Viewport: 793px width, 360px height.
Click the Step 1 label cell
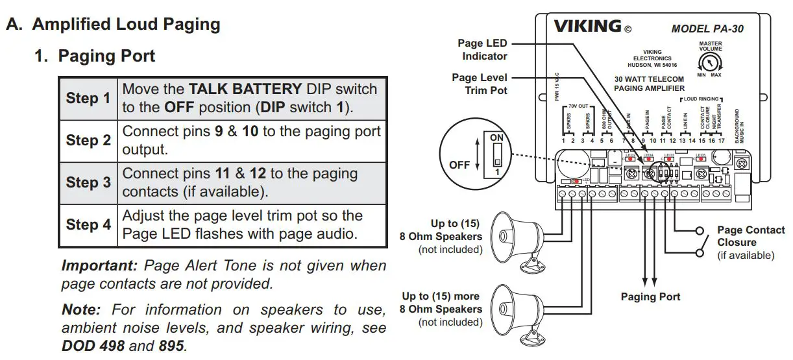(88, 98)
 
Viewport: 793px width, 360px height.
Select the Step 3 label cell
(88, 182)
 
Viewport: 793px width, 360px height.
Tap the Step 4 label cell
(88, 224)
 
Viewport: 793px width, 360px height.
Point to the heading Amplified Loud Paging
(126, 25)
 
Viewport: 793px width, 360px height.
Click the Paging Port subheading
(106, 56)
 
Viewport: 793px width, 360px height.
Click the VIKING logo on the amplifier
(587, 27)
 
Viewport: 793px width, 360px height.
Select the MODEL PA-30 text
(707, 29)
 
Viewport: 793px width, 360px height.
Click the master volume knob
(710, 62)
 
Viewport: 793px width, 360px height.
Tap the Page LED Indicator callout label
(483, 49)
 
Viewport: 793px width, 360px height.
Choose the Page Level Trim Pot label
(480, 84)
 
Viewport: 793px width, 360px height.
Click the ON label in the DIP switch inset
(496, 138)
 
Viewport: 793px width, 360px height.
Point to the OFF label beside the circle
(459, 165)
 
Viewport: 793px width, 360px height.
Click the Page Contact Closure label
(750, 236)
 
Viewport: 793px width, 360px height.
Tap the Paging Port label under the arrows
(650, 296)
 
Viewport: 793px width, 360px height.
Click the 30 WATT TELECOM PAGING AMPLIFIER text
(649, 82)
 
